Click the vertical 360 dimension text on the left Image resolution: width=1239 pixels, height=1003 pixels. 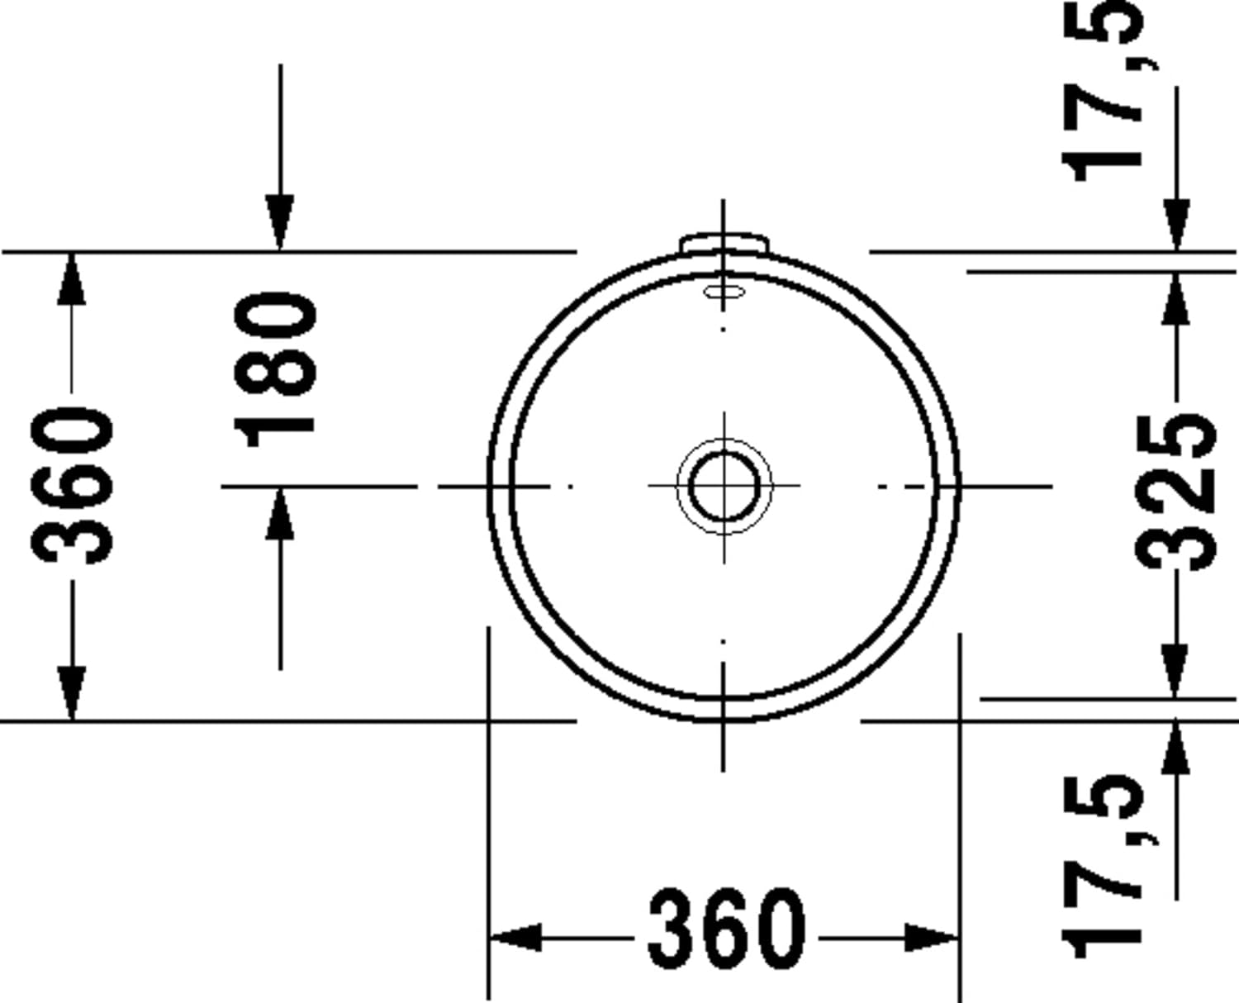72,486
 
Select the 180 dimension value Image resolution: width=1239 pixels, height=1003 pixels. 274,369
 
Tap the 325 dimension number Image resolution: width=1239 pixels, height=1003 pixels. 1175,492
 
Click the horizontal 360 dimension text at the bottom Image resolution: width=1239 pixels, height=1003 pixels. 727,937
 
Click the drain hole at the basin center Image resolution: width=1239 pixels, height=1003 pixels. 724,486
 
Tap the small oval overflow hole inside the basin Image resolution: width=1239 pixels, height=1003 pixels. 724,292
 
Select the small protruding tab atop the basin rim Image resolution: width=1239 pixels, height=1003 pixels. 724,243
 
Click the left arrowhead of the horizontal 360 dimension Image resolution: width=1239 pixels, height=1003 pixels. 515,938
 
